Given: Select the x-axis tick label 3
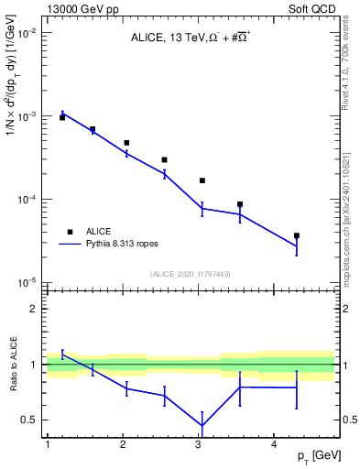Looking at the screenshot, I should (198, 444).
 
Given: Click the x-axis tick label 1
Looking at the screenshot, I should (47, 444).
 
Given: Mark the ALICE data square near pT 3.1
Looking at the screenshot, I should (202, 180).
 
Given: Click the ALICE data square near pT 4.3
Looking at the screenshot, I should (297, 235).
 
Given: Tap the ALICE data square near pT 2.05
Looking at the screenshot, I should (126, 143).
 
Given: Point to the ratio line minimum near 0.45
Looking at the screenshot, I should (202, 425).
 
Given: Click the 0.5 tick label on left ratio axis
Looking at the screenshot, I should (27, 420).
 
